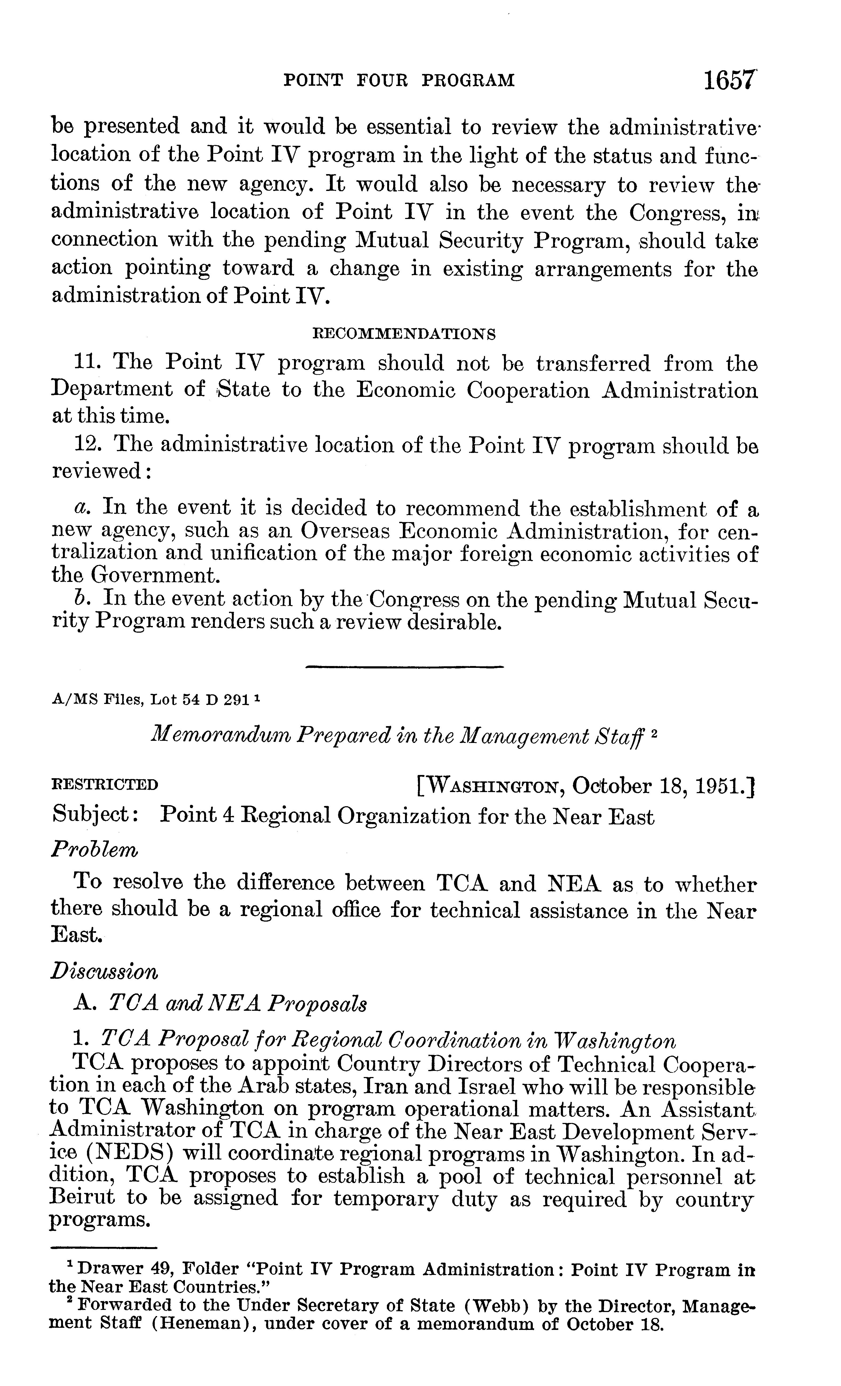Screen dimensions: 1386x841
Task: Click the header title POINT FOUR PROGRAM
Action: click(399, 80)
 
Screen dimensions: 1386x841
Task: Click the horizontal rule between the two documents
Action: click(404, 667)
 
